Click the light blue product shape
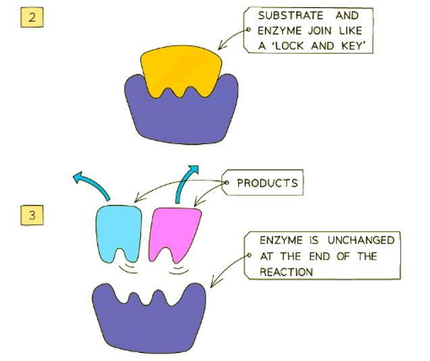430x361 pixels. coord(117,230)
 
